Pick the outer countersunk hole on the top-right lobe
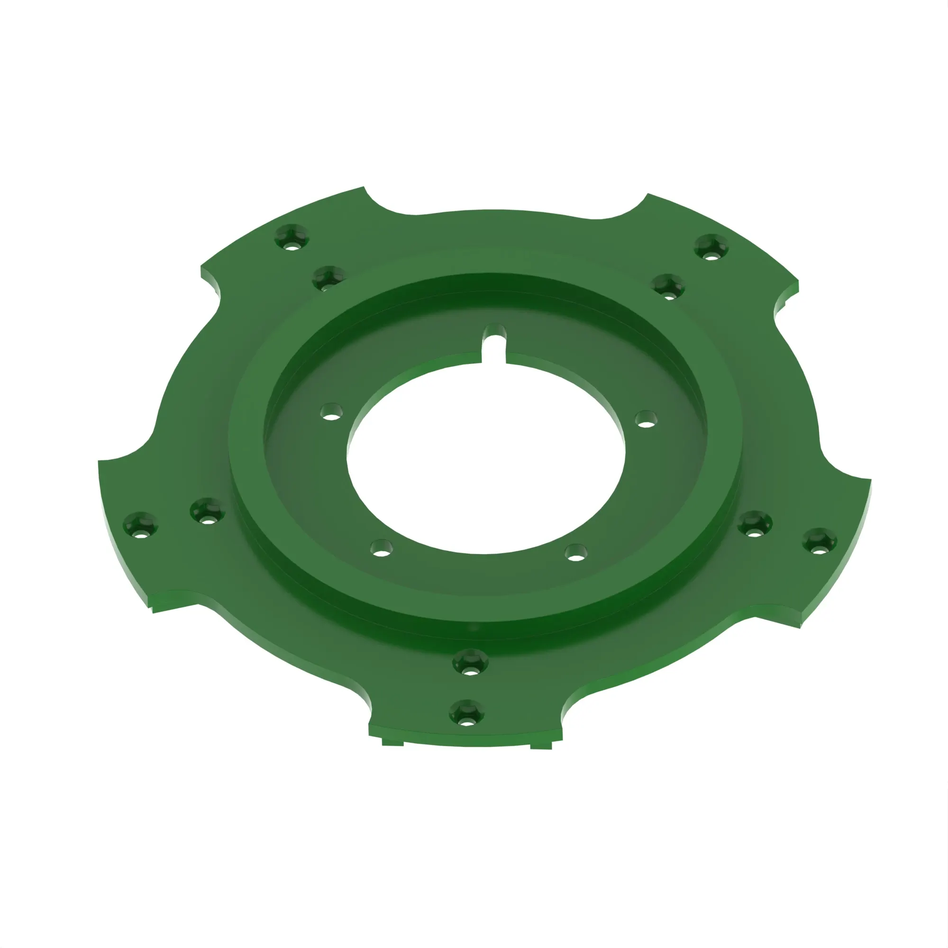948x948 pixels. click(711, 247)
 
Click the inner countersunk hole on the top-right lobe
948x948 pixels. click(668, 287)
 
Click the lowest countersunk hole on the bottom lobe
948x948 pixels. click(466, 714)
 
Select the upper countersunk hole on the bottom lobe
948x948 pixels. click(470, 663)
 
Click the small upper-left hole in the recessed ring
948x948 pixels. click(332, 412)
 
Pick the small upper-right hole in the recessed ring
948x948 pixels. click(646, 419)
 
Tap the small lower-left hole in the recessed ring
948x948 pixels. click(382, 548)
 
